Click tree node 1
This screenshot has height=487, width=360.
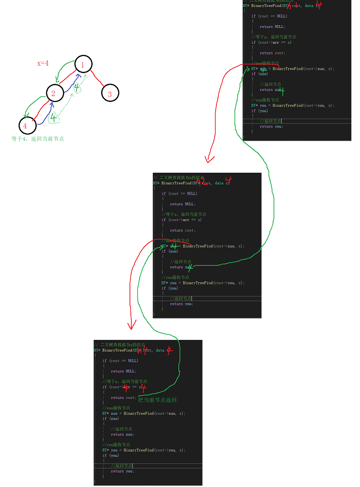coord(83,65)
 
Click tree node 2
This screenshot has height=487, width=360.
coord(54,94)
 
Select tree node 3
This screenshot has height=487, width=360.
coord(110,94)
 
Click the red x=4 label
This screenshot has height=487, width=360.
coord(43,63)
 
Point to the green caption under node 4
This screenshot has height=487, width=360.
coord(38,139)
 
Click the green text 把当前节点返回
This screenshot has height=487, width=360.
coord(157,400)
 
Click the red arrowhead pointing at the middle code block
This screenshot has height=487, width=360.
coord(209,159)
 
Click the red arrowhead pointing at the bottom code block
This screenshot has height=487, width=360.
coord(132,325)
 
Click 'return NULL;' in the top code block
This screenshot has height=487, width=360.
coord(272,27)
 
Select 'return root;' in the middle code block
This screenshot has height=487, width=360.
coord(183,230)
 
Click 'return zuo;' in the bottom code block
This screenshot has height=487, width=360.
coord(122,434)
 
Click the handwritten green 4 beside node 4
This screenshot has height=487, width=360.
coord(54,118)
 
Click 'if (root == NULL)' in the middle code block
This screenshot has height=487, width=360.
coord(179,193)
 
